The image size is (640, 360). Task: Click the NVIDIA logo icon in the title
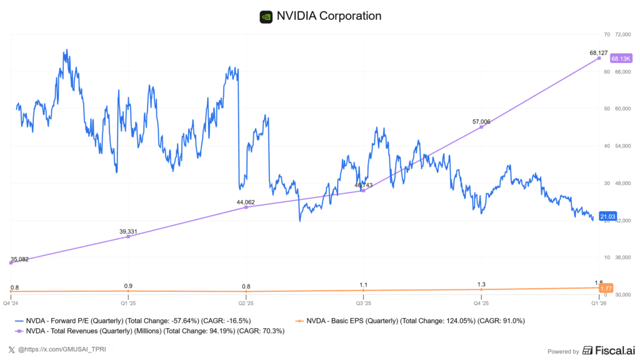pos(266,16)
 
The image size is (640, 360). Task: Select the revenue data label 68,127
pos(599,52)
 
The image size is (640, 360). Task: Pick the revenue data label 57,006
pos(481,121)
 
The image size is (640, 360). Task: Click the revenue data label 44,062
pos(246,202)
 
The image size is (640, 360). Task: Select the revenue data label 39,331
pos(129,231)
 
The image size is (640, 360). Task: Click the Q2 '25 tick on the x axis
pos(246,303)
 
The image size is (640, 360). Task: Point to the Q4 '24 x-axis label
pos(11,303)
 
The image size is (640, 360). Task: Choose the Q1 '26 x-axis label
pos(599,303)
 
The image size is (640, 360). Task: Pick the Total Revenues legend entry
pos(150,331)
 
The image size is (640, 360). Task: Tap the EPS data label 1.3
pos(481,284)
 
